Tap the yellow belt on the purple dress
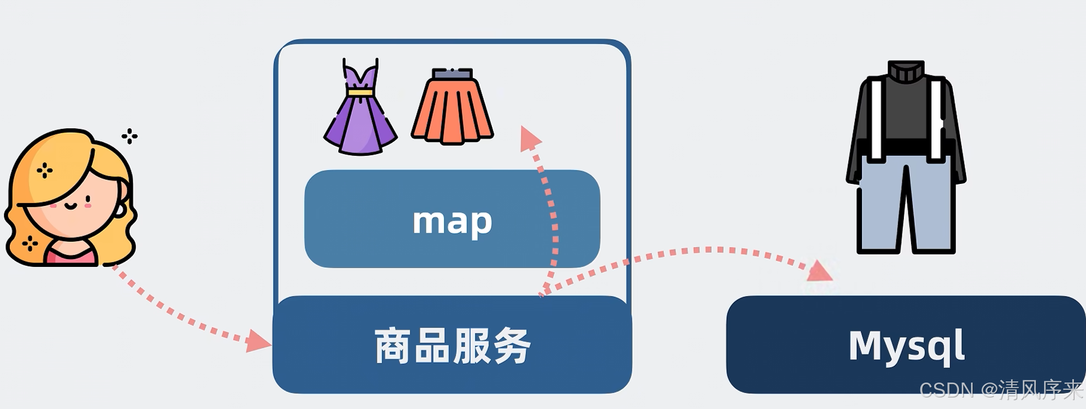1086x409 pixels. coord(360,92)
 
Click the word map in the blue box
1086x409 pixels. coord(452,221)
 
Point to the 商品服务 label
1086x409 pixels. coord(452,346)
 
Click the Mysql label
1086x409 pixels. coord(906,346)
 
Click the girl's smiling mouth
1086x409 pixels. coord(71,206)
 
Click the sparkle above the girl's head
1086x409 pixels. coord(130,136)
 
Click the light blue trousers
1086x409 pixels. coord(906,204)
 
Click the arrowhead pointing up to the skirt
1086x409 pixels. coord(530,138)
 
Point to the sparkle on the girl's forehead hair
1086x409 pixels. coord(45,171)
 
